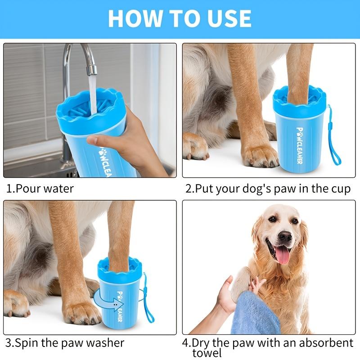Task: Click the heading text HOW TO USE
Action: [x=180, y=18]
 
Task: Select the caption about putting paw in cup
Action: [x=268, y=188]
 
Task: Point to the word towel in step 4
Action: [x=207, y=353]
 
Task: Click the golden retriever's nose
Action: [x=284, y=237]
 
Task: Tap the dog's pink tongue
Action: [x=283, y=255]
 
